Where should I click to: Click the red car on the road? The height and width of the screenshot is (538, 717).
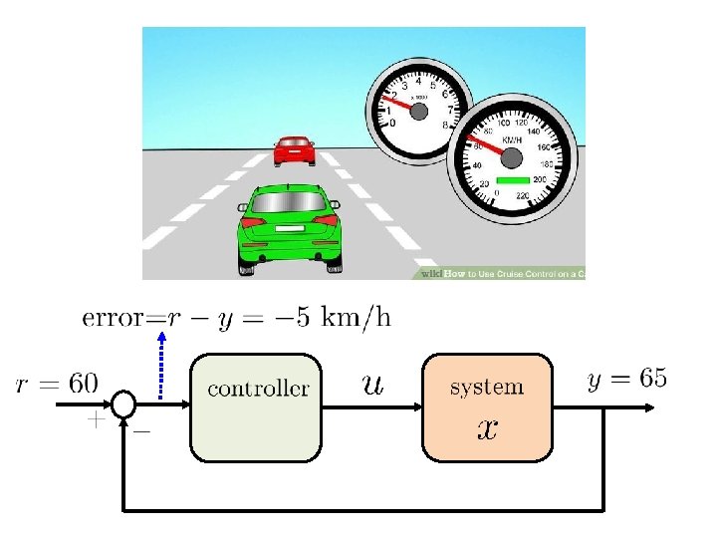click(294, 150)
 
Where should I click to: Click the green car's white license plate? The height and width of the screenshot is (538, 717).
click(290, 229)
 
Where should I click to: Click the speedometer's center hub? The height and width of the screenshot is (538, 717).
click(511, 158)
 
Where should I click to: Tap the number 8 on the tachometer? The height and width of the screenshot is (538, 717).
click(444, 126)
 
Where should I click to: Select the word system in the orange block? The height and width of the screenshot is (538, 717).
click(486, 386)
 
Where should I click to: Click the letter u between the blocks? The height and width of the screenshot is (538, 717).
click(371, 384)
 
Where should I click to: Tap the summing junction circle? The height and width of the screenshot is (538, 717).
click(123, 404)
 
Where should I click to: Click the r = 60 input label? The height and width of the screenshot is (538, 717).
click(57, 381)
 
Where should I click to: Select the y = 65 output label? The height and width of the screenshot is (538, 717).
click(626, 379)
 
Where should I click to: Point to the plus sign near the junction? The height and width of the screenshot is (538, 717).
click(95, 420)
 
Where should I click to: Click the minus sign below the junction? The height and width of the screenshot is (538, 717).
click(141, 431)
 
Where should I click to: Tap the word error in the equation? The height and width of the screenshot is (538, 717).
click(113, 319)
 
